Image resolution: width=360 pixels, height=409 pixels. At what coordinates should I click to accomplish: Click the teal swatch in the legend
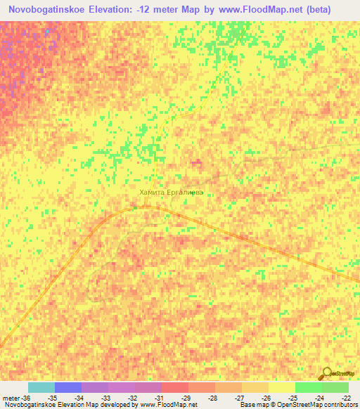(41, 388)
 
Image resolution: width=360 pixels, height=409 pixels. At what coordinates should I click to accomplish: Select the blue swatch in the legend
(68, 388)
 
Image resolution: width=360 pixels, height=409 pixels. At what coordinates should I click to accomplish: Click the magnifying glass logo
(328, 373)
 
